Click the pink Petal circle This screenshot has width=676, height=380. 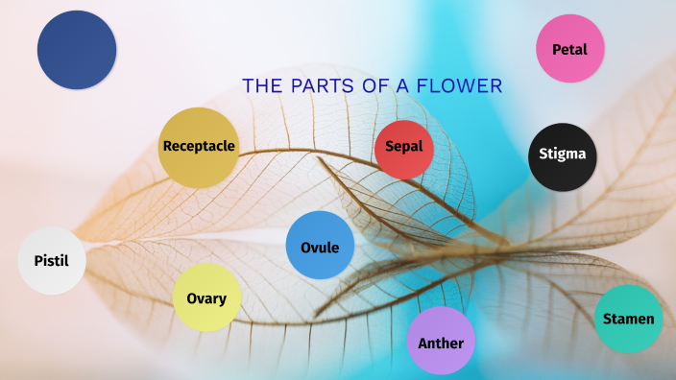pos(569,49)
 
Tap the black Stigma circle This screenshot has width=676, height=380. pos(563,156)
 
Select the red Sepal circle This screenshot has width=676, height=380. pos(404,150)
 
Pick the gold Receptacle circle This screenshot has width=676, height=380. pos(198,147)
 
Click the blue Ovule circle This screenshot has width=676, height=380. pos(320,246)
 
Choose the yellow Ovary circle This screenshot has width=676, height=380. pos(206,297)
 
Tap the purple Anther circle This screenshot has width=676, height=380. pos(441,341)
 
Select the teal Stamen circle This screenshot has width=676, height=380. pos(628,319)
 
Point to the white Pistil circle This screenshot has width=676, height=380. pos(52,260)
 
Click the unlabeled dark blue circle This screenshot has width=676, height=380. pos(77,50)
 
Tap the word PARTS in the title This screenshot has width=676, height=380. pos(315,86)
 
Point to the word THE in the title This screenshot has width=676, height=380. pos(260,86)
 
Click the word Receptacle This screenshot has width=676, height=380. pos(199,147)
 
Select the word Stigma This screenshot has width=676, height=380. pos(563,154)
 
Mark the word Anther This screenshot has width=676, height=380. pos(441,344)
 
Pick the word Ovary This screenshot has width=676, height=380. pos(206,298)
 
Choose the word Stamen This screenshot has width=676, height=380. pos(628,319)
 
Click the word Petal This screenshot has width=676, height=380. pos(569,49)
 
